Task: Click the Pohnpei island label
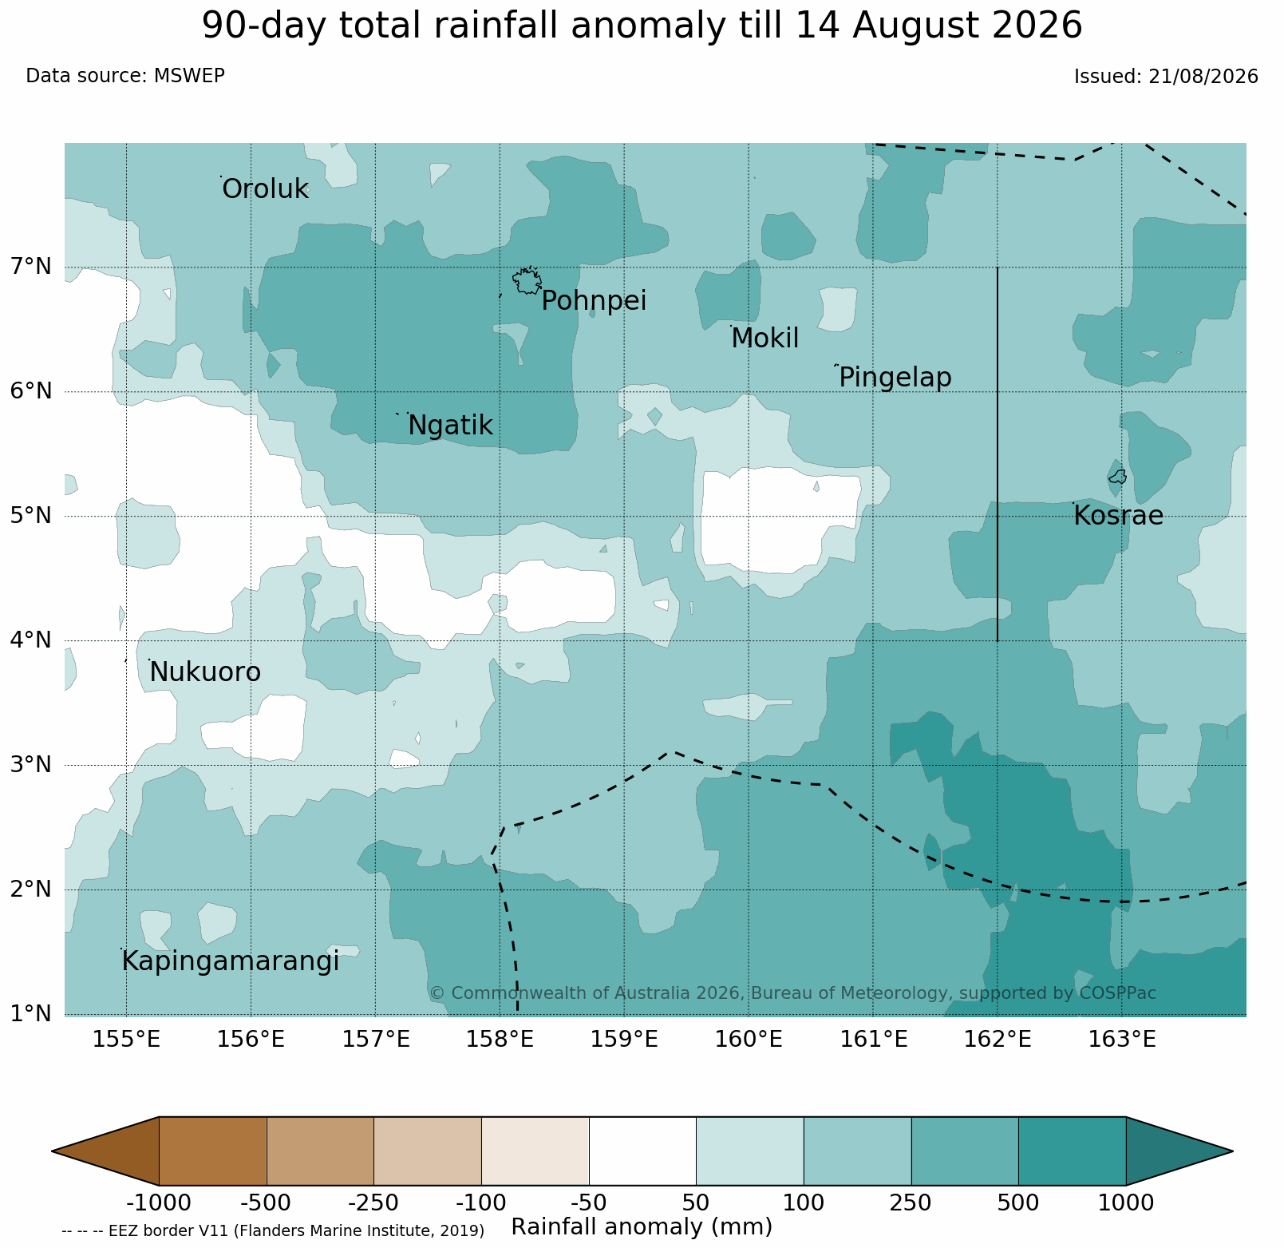point(594,302)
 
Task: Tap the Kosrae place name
point(1118,516)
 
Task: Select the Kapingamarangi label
point(230,962)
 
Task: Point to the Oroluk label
point(265,189)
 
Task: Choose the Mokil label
point(765,339)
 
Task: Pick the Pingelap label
point(895,378)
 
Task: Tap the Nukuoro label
point(205,673)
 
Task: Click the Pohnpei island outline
point(527,281)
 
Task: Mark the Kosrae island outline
point(1117,477)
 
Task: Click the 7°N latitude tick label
point(31,266)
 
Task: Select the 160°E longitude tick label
point(749,1040)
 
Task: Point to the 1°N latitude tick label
point(31,1014)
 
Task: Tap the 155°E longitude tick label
point(126,1040)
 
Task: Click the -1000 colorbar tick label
point(159,1202)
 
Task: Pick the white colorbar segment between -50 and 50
point(642,1151)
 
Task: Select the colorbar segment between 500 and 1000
point(1072,1151)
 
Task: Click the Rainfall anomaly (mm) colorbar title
point(642,1227)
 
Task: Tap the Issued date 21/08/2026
point(1203,77)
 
